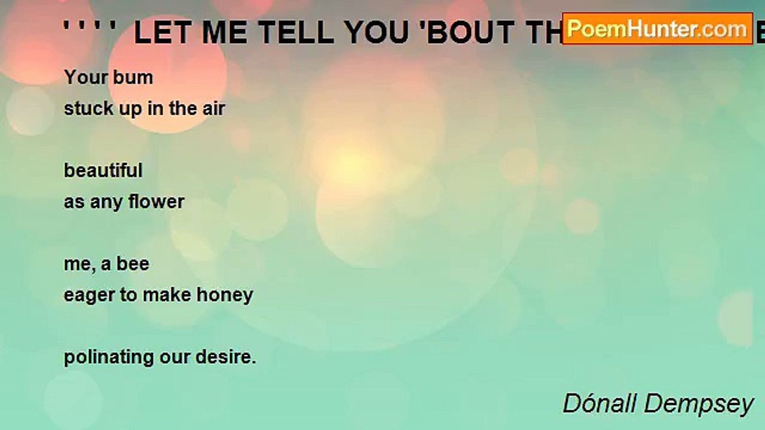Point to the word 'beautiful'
tap(103, 171)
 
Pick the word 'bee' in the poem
tap(133, 264)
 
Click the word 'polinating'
tap(108, 357)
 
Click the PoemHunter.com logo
tap(657, 29)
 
